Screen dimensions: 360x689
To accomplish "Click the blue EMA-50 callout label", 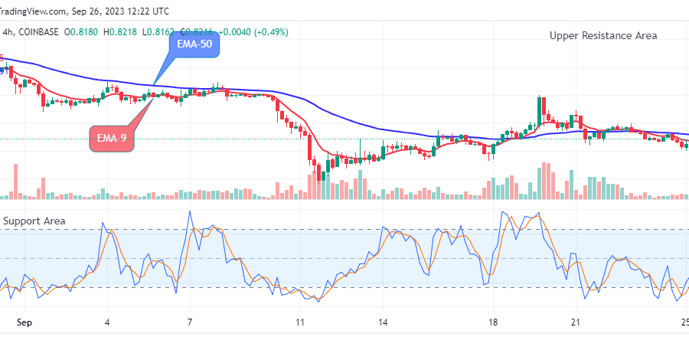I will [x=194, y=46].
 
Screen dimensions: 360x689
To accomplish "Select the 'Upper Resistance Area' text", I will [x=603, y=35].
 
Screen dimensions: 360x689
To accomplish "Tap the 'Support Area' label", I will [x=34, y=221].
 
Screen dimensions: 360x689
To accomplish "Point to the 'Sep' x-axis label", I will [x=25, y=322].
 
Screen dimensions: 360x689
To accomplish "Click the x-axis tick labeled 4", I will [x=107, y=322].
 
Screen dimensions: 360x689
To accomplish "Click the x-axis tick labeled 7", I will [x=189, y=322].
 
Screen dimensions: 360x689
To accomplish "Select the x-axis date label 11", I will [x=300, y=322].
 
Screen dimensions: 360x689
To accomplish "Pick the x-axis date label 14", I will [x=383, y=322].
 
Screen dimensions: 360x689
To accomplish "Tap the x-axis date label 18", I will [x=494, y=322].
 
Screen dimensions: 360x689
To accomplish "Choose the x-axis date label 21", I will [x=576, y=322].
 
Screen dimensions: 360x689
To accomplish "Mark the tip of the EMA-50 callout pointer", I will [x=154, y=83].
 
